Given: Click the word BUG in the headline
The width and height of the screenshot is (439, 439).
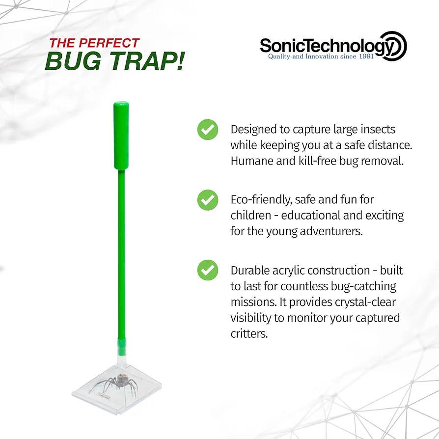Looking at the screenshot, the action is [x=73, y=61].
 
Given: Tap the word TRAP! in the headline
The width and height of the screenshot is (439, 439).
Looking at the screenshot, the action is [x=147, y=61].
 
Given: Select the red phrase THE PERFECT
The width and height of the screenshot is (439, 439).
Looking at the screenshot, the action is [x=94, y=43].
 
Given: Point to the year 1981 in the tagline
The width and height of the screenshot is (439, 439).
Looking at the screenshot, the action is [x=366, y=56].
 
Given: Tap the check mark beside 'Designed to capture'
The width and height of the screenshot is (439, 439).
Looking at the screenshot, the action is [x=208, y=129].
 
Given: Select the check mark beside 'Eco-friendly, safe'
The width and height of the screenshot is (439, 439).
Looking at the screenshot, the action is [x=208, y=200].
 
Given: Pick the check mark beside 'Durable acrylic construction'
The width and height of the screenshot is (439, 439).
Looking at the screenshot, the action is [x=208, y=270].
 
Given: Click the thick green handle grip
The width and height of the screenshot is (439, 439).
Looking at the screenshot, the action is [x=121, y=136].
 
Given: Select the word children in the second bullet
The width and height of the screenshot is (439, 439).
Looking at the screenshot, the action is [x=251, y=215].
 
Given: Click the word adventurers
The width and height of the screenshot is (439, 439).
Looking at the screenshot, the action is [x=331, y=231].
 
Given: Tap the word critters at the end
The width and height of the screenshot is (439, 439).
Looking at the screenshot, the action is [x=249, y=334].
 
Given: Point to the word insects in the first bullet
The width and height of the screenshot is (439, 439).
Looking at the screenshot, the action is [x=378, y=129].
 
